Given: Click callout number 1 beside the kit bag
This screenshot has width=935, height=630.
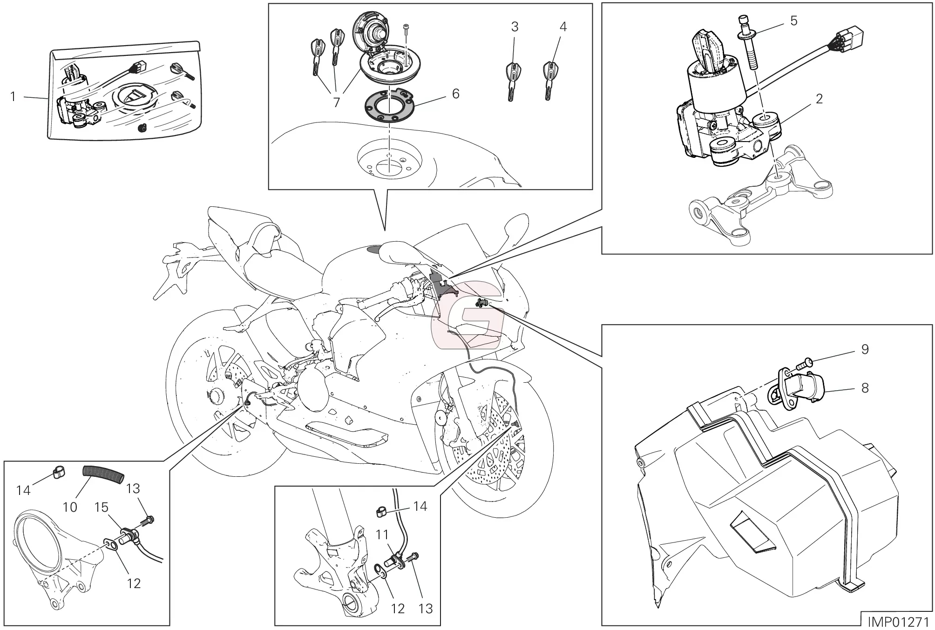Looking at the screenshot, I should (14, 96).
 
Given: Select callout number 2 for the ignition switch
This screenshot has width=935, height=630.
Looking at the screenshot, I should (819, 98).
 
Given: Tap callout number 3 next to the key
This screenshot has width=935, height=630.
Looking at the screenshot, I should (515, 27).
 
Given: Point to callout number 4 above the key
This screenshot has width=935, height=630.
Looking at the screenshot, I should (563, 27).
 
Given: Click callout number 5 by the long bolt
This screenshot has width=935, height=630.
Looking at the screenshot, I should (793, 20).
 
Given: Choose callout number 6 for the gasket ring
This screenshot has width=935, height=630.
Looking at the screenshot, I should (455, 94).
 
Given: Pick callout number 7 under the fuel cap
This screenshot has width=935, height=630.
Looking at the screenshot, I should (337, 102).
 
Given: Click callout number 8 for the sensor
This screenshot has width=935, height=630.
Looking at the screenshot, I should (865, 388).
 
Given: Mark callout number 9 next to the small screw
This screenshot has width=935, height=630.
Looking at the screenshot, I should (865, 349).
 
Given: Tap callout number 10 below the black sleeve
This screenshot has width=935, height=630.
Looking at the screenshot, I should (70, 507).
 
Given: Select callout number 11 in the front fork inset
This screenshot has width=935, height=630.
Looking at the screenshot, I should (382, 535).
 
